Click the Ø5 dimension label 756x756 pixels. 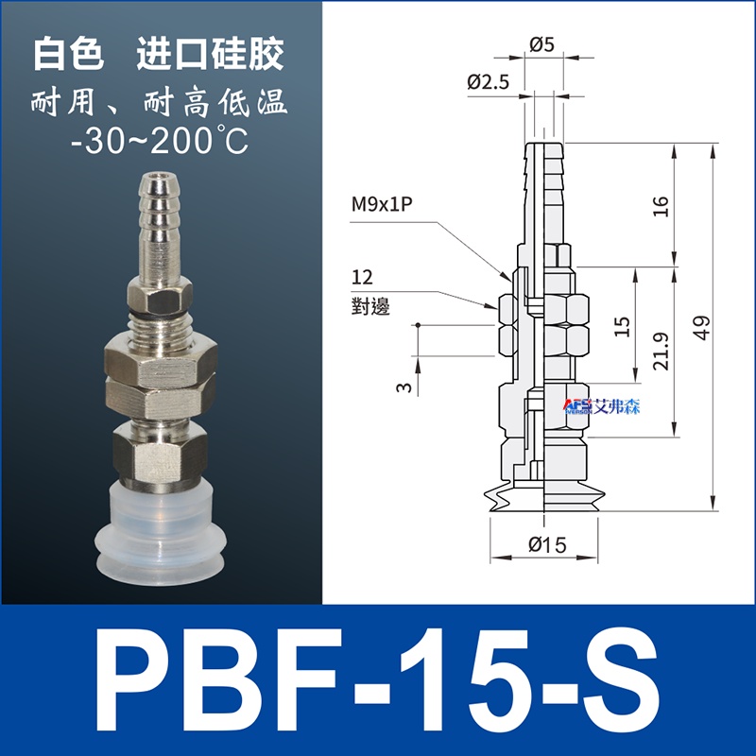tap(541, 44)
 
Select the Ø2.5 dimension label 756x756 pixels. tap(488, 82)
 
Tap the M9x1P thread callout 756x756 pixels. tap(382, 204)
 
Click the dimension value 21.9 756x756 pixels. tap(661, 351)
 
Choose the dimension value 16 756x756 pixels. tap(661, 206)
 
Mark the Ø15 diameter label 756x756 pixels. tap(547, 545)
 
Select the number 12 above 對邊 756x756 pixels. tap(362, 277)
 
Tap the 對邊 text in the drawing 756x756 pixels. tap(370, 306)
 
